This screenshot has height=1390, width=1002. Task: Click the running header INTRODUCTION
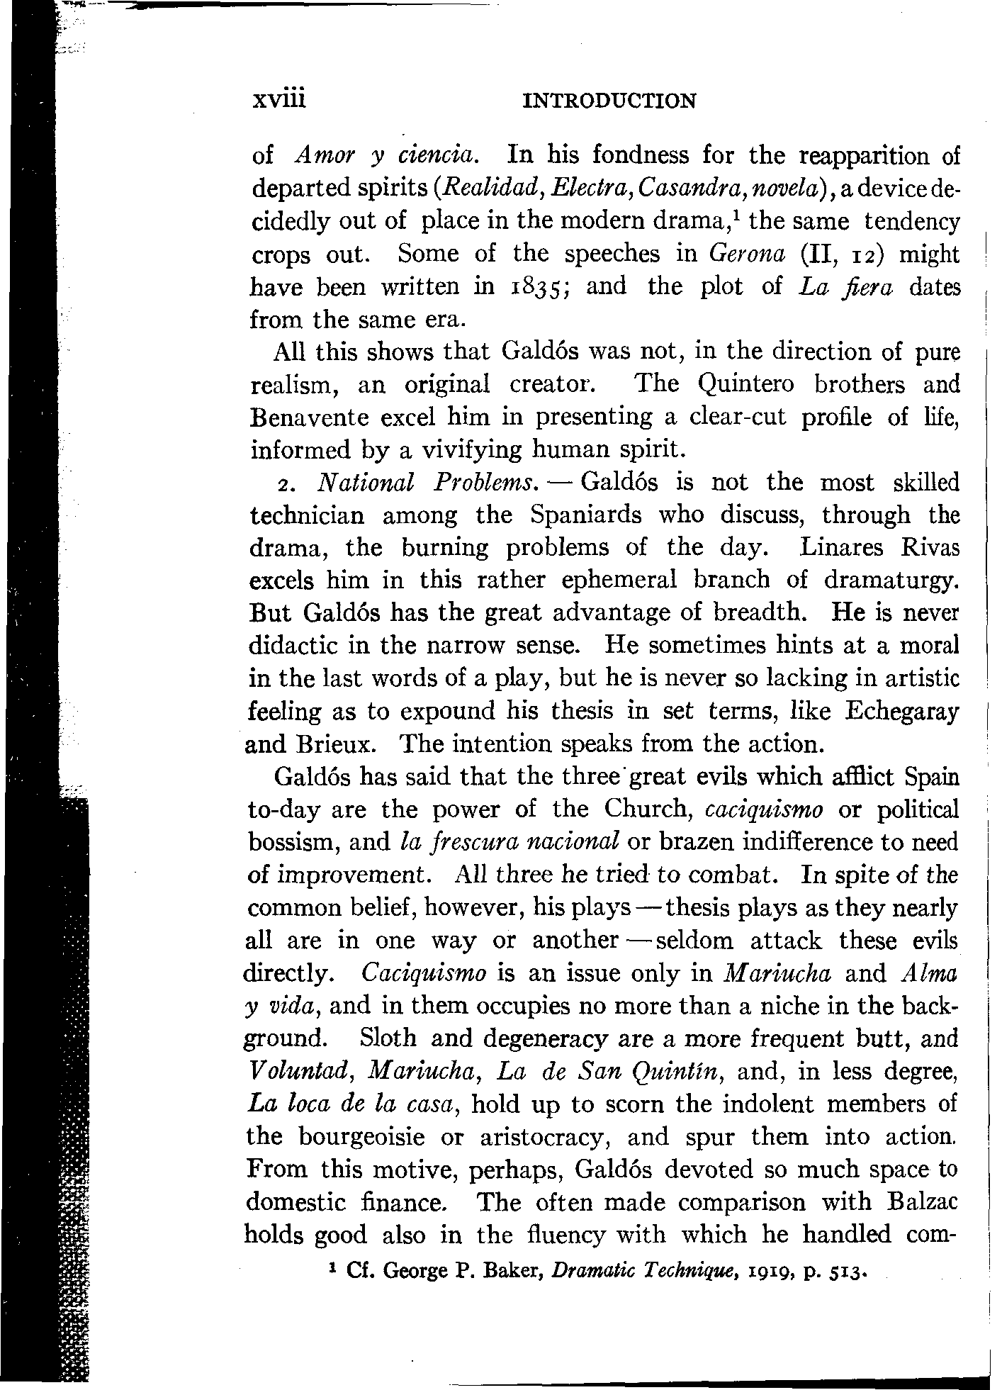609,101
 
